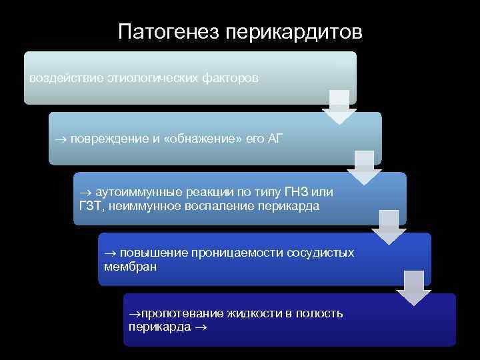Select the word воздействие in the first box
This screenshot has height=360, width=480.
(x=65, y=78)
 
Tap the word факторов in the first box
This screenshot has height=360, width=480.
(x=231, y=78)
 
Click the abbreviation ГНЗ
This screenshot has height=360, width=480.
(x=301, y=192)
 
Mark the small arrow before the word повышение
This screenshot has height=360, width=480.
(x=110, y=253)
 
